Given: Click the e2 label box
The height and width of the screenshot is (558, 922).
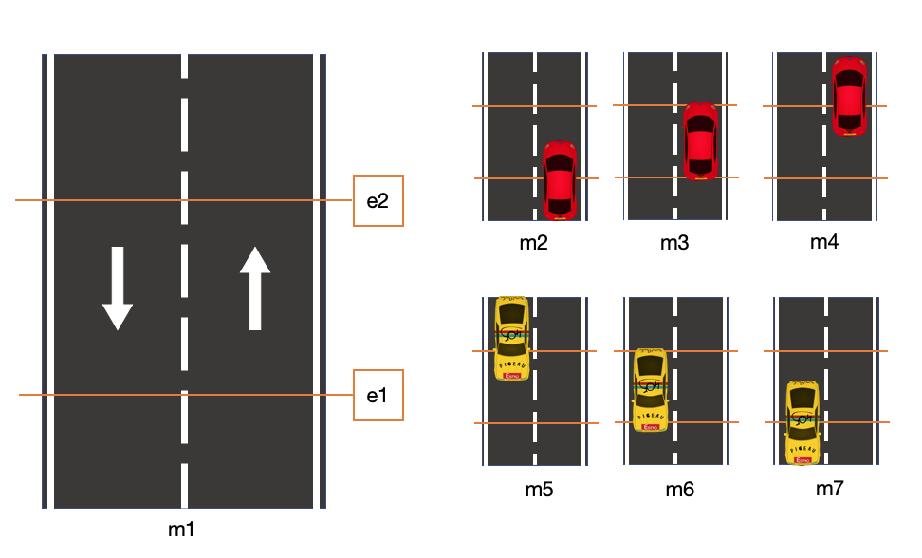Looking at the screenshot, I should (378, 200).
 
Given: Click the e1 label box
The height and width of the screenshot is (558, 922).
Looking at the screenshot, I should (378, 395).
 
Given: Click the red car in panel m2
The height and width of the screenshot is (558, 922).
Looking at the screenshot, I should (560, 180).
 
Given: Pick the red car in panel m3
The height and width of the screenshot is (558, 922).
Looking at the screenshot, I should (700, 140).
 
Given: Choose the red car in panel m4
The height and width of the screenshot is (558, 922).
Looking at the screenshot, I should (849, 95).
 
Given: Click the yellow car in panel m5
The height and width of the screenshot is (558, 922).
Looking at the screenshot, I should (512, 338).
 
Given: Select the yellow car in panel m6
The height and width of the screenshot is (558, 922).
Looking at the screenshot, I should (650, 389).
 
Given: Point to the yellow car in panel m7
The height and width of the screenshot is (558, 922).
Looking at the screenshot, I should (803, 422).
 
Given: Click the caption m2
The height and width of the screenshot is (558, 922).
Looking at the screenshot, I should (534, 242).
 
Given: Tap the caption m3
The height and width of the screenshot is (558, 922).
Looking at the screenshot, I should (674, 243).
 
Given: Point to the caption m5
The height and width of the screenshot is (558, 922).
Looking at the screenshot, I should (539, 490).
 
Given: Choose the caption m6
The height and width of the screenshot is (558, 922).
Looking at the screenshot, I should (679, 490).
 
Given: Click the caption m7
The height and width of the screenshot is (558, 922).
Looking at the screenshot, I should (830, 489).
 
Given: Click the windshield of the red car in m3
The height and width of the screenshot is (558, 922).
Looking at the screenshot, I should (700, 124).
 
